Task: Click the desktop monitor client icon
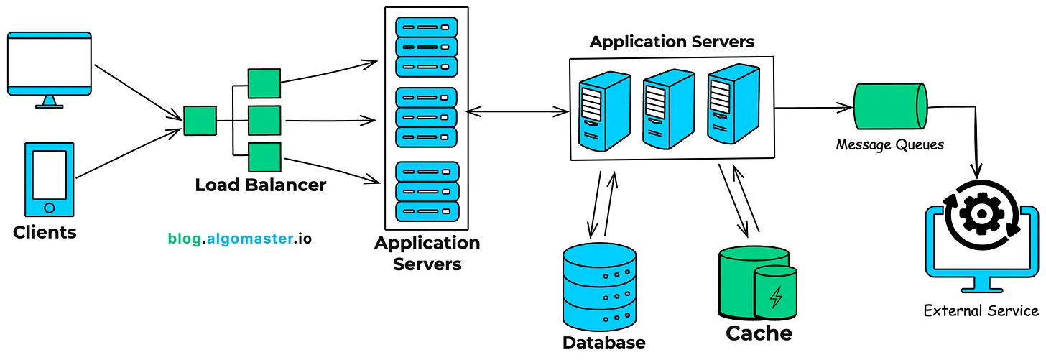point(50,65)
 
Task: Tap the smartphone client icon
point(50,179)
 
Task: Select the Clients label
point(45,232)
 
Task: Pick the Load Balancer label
point(260,185)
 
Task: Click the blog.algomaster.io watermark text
point(240,238)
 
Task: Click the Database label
point(603,342)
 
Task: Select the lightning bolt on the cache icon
point(776,296)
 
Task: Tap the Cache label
point(759,333)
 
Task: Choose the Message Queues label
point(889,144)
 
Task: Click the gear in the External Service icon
point(979,212)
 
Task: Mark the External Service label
point(981,310)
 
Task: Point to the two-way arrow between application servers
point(517,111)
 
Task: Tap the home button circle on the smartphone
point(50,208)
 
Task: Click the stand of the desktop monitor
point(50,102)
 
